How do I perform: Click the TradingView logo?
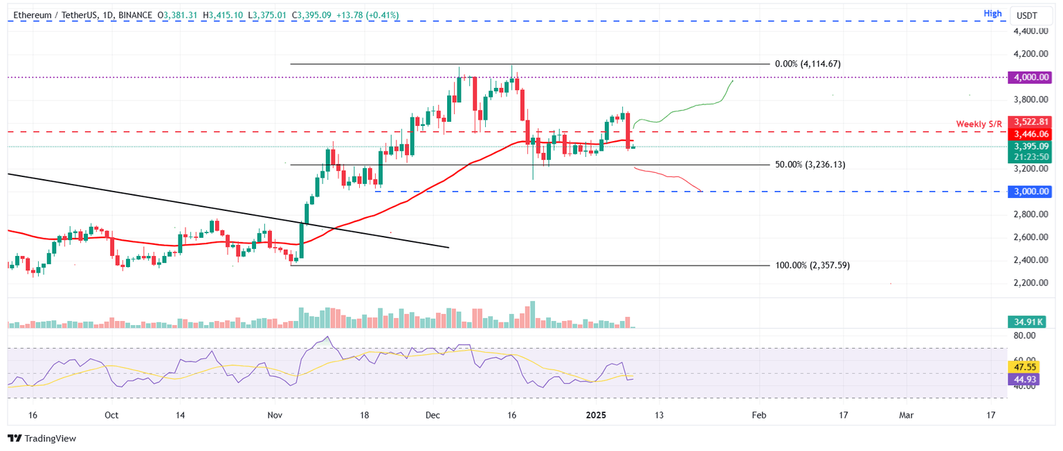click(42, 438)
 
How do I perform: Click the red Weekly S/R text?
click(979, 124)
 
